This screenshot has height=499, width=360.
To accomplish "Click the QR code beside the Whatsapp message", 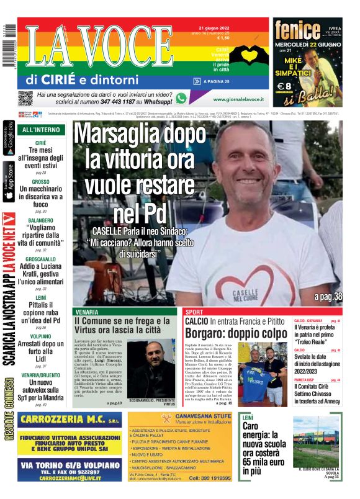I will [x=25, y=98].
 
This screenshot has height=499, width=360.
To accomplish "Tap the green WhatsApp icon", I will [x=181, y=98].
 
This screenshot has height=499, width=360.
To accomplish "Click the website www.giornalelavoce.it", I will [x=238, y=99].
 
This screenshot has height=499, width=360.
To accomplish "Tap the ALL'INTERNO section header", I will [x=41, y=130].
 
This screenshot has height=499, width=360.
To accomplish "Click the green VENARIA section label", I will [x=86, y=312].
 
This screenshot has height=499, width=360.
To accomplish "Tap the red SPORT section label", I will [x=194, y=312].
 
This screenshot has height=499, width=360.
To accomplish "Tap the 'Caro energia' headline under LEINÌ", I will [x=263, y=447].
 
